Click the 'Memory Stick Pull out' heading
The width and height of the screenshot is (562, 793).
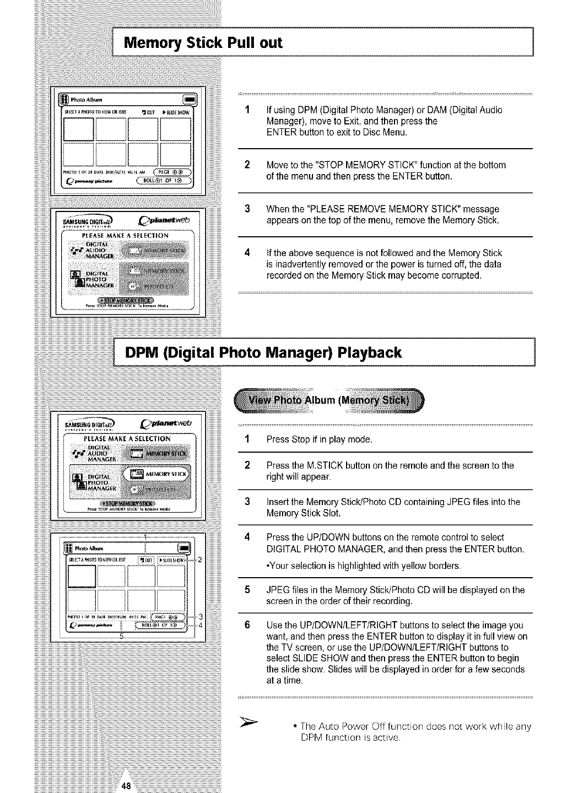(203, 42)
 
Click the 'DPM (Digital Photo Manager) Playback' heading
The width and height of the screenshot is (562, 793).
(263, 352)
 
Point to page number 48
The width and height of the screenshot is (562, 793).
(126, 786)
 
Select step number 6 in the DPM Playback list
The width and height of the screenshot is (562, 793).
(248, 626)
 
